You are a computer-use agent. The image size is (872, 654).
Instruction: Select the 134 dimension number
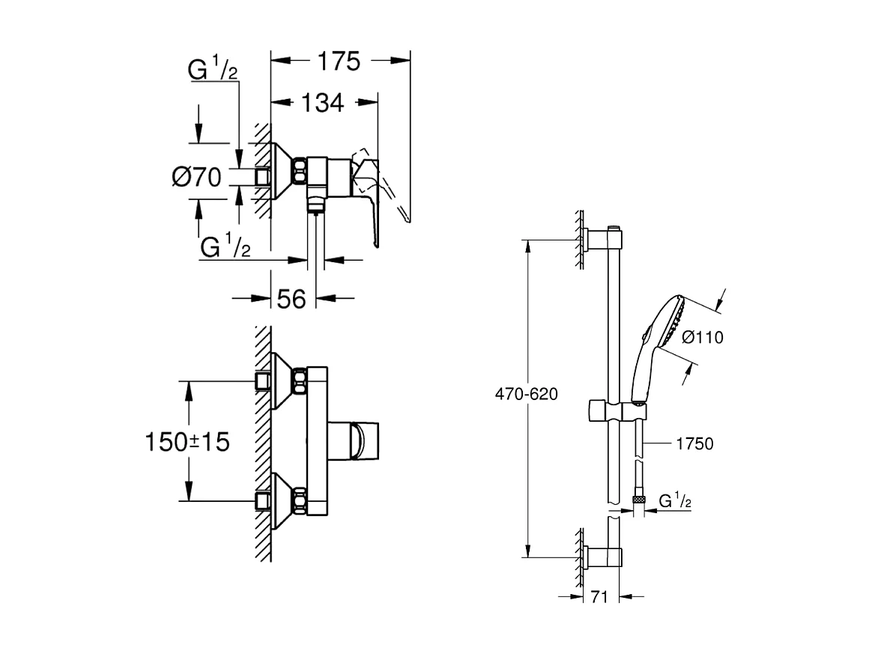point(323,103)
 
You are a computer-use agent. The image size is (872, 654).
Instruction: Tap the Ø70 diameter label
point(196,178)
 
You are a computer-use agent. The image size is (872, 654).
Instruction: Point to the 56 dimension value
point(292,299)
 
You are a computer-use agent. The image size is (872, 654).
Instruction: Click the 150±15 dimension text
point(187,442)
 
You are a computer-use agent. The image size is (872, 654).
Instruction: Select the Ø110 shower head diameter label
point(703,338)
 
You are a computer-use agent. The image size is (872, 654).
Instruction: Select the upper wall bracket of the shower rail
point(604,239)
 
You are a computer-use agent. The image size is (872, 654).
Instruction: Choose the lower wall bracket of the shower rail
point(604,557)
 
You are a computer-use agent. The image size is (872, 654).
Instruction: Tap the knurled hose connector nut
point(638,497)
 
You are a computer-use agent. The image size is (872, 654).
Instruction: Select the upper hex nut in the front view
point(300,380)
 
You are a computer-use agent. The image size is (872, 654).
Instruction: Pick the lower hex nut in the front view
point(300,500)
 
